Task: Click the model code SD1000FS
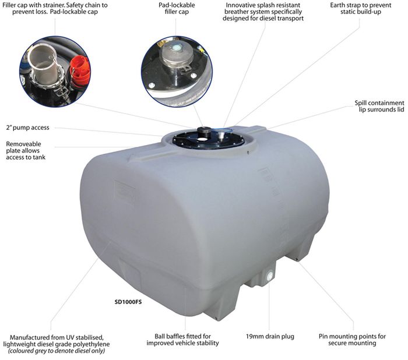coord(128,302)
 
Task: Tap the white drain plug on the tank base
coord(269,274)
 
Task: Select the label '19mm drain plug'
coord(270,336)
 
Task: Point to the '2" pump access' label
coord(27,128)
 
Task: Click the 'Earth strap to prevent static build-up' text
coord(360,8)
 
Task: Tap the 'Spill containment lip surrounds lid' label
coord(379,106)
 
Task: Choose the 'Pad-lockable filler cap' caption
coord(177,8)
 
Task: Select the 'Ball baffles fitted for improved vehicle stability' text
coord(182,340)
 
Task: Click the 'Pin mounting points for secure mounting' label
coord(352,340)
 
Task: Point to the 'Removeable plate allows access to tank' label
coord(26,151)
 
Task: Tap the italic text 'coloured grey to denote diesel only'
coord(56,351)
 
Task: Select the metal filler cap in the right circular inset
coord(177,56)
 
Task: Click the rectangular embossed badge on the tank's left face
coord(124,193)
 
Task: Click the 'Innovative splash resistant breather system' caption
coord(263,12)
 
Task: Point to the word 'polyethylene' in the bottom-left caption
coord(91,344)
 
